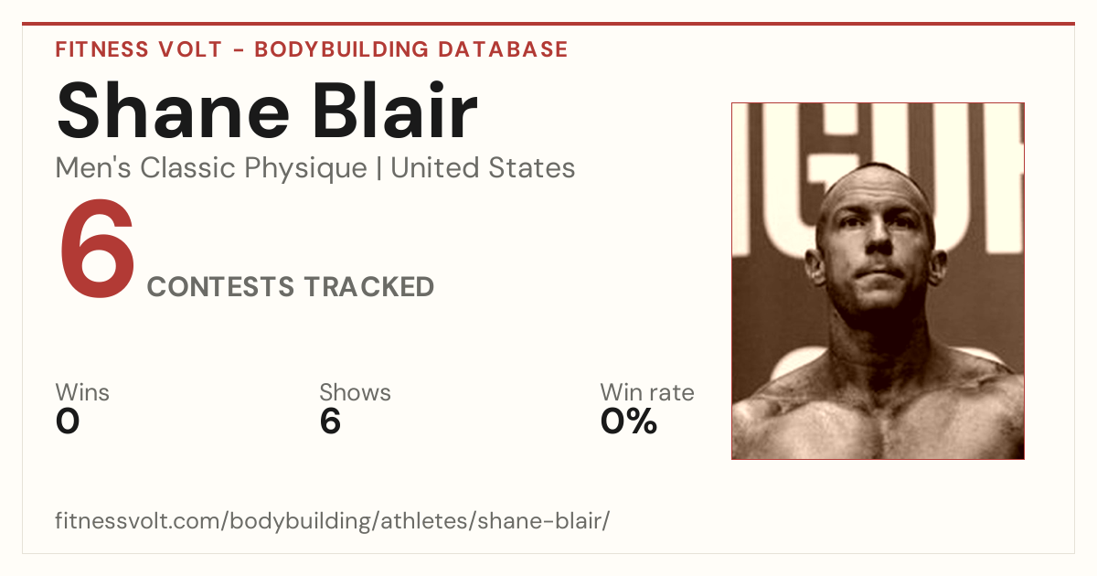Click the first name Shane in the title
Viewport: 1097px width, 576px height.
coord(173,111)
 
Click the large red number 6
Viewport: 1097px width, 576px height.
coord(97,249)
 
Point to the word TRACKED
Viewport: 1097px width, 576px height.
coord(368,286)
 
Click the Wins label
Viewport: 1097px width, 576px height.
coord(82,392)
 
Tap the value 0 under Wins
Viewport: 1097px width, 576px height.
coord(68,421)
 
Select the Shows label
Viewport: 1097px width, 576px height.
coord(355,392)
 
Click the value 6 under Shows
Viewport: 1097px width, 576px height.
coord(330,421)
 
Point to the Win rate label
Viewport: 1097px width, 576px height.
coord(647,392)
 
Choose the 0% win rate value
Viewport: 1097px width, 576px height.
coord(629,421)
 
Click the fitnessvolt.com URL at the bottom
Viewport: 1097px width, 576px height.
coord(333,520)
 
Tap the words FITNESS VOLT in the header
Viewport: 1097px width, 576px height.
coord(139,49)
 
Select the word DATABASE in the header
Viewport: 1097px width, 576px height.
coord(503,49)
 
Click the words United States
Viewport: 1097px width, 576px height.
coord(483,168)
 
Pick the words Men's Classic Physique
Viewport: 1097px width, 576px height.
coord(211,168)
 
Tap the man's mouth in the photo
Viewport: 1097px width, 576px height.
coord(879,272)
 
